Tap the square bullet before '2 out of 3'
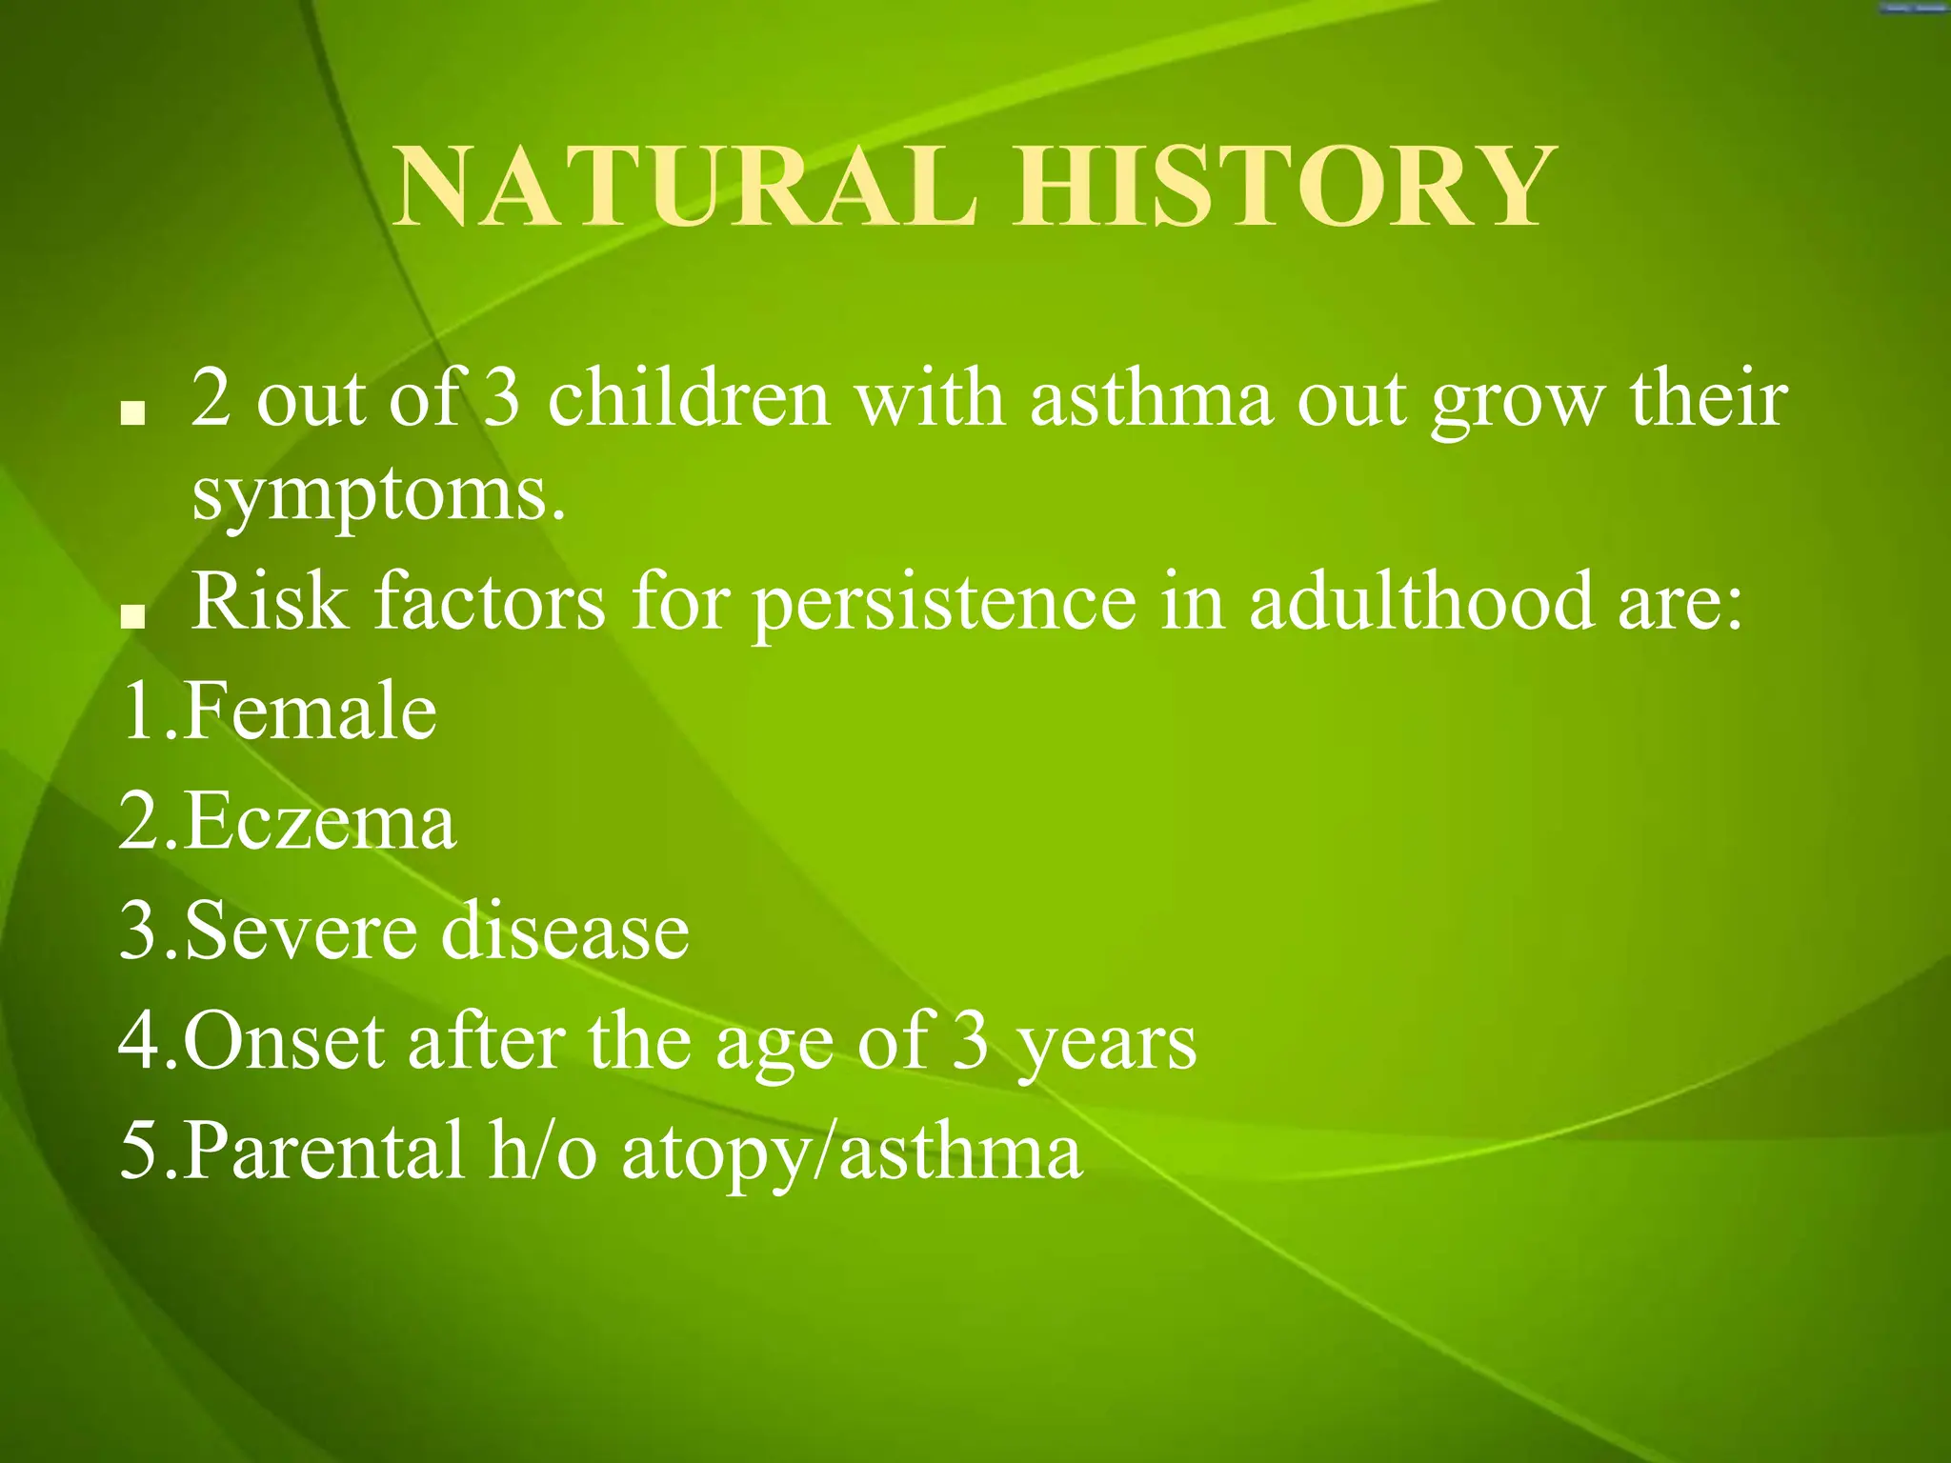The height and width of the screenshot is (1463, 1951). pos(132,413)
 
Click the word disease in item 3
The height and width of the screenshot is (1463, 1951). pos(565,931)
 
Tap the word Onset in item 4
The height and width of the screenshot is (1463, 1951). pos(284,1041)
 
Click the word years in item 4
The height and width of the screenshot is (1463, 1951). pos(1105,1046)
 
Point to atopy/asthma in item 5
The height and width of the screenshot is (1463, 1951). pos(852,1152)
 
